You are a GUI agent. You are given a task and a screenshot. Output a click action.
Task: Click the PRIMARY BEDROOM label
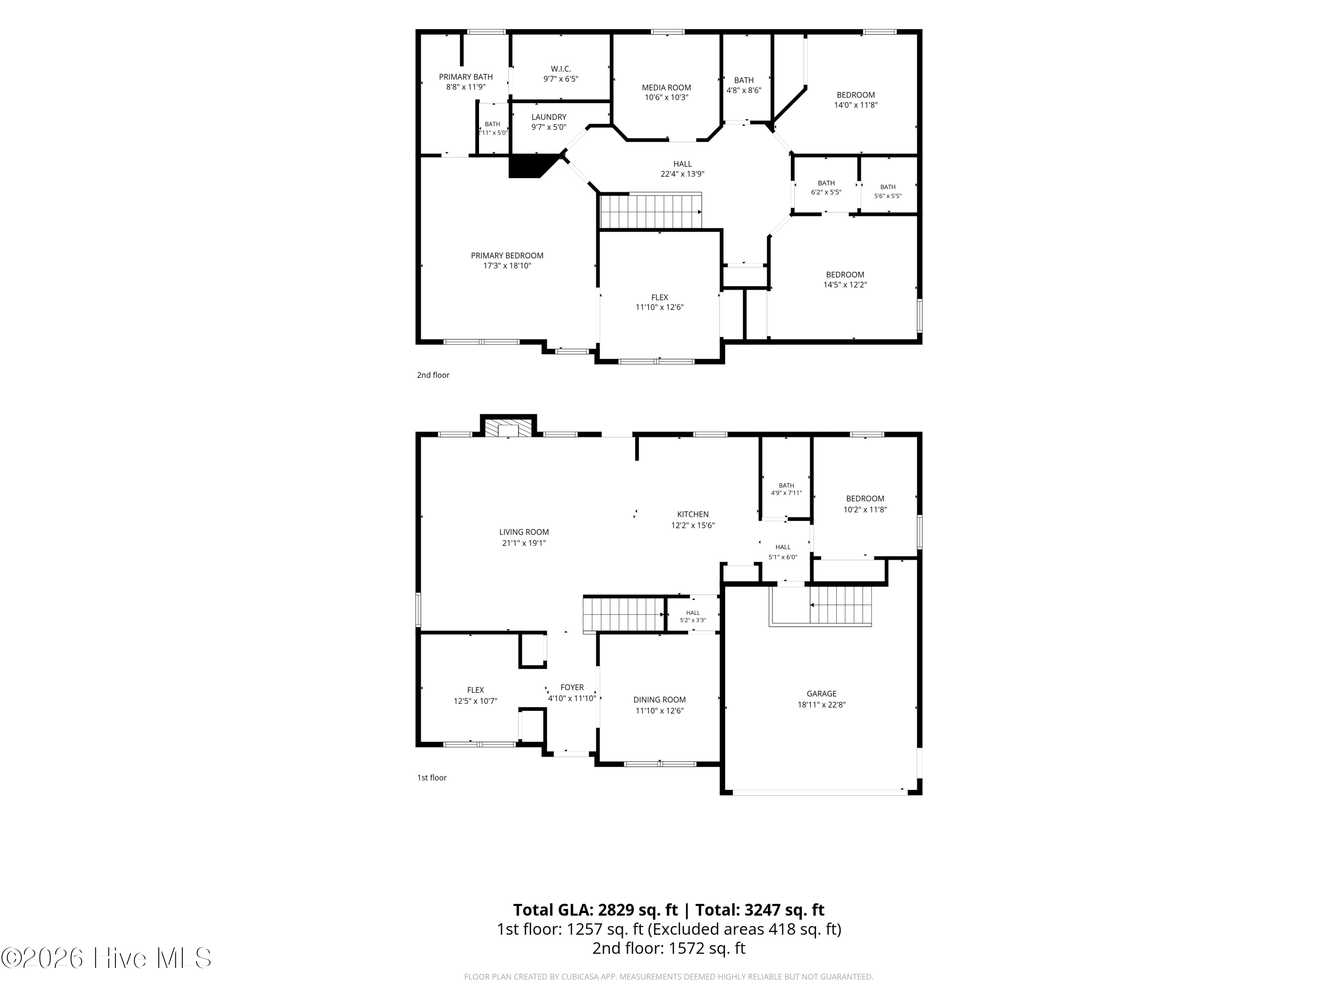pyautogui.click(x=507, y=255)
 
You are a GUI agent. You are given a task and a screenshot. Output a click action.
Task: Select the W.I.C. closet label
pyautogui.click(x=561, y=69)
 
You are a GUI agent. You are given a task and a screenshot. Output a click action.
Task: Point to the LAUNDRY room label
pyautogui.click(x=549, y=117)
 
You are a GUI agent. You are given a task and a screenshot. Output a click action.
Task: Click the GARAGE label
pyautogui.click(x=822, y=693)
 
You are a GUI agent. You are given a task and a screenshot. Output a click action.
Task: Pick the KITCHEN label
pyautogui.click(x=693, y=514)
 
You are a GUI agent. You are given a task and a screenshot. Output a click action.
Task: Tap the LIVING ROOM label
pyautogui.click(x=524, y=532)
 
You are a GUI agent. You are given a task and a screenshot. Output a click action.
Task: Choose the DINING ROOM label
pyautogui.click(x=659, y=700)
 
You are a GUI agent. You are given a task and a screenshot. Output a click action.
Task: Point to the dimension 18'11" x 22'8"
pyautogui.click(x=822, y=705)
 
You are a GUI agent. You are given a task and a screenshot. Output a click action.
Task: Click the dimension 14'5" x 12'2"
pyautogui.click(x=845, y=284)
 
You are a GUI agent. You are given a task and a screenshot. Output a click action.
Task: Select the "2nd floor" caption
pyautogui.click(x=433, y=375)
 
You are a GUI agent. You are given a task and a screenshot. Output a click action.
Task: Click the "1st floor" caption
pyautogui.click(x=432, y=778)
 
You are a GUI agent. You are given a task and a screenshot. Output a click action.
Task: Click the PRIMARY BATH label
pyautogui.click(x=466, y=77)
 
